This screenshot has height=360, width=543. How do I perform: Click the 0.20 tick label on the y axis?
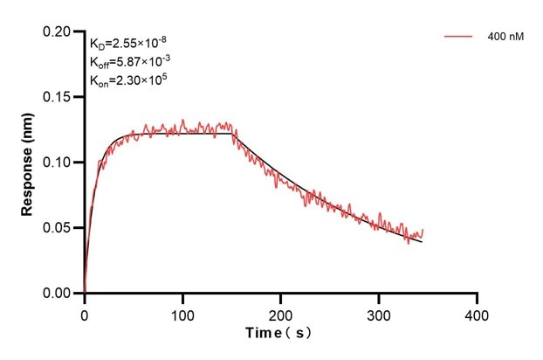tap(58, 31)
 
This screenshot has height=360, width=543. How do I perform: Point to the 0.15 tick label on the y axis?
tap(58, 97)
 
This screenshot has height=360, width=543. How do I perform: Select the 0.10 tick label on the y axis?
tap(58, 163)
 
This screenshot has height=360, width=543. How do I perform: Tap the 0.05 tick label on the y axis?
tap(58, 228)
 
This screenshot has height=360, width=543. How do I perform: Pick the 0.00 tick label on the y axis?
tap(58, 294)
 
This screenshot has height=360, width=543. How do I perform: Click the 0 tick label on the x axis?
tap(85, 313)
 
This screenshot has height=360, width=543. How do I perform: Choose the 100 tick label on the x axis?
tap(182, 313)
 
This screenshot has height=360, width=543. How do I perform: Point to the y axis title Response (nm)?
tap(27, 163)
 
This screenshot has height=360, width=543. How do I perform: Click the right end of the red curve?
tap(423, 231)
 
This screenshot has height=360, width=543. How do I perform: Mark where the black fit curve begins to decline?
tap(233, 133)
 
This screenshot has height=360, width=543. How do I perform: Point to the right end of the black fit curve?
tap(423, 241)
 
